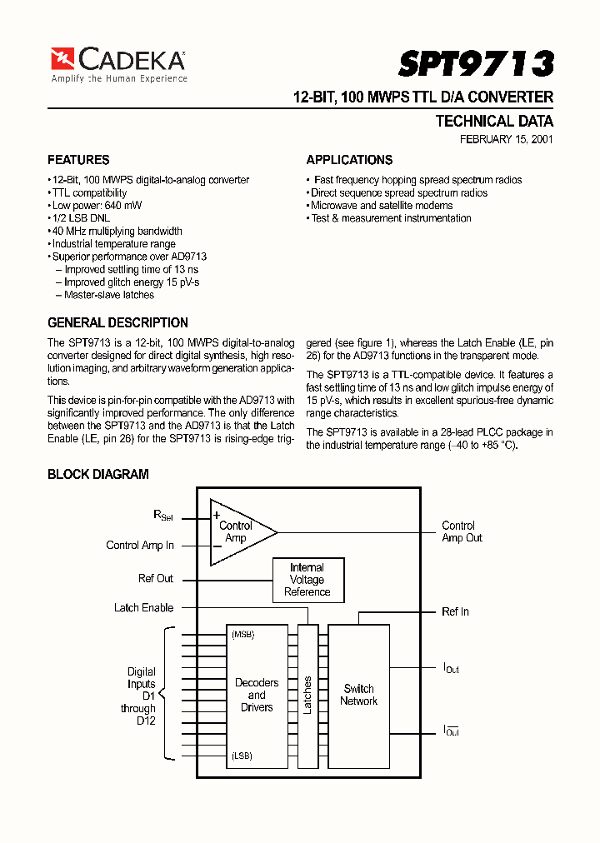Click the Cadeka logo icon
click(x=62, y=58)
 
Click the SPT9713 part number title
click(x=476, y=64)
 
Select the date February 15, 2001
click(x=506, y=140)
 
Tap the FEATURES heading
click(x=78, y=160)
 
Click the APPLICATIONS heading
click(x=349, y=160)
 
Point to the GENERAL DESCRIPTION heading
click(x=117, y=322)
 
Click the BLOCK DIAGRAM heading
click(x=98, y=474)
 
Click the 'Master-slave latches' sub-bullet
click(x=108, y=295)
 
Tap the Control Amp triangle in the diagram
click(x=237, y=532)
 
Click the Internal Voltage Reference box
click(x=307, y=580)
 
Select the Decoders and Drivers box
click(x=257, y=695)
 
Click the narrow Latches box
click(x=307, y=695)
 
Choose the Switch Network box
click(x=359, y=695)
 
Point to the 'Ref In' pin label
click(x=455, y=611)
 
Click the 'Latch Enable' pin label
click(x=143, y=607)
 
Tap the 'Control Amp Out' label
click(x=461, y=531)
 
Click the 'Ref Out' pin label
click(x=156, y=578)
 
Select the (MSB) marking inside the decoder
click(x=243, y=635)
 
